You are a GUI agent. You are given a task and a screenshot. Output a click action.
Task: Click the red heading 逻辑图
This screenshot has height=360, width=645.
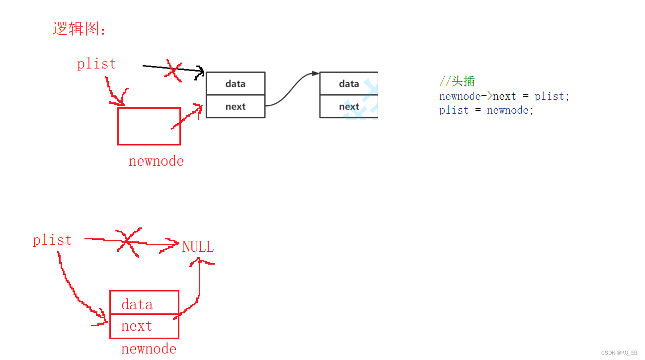tap(79, 29)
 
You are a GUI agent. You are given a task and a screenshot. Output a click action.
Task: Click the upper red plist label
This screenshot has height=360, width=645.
tap(96, 64)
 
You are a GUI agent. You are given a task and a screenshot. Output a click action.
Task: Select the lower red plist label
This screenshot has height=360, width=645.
tap(52, 240)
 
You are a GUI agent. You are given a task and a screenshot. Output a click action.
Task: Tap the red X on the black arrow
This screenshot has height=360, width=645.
tap(173, 70)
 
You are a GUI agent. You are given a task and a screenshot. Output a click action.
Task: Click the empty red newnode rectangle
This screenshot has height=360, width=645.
tap(149, 126)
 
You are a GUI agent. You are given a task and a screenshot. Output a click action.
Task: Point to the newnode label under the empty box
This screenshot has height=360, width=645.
tap(156, 161)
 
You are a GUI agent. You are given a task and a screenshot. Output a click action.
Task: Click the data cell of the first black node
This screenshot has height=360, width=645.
tap(236, 83)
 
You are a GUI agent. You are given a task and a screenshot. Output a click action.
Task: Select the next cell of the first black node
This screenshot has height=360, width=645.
tap(236, 106)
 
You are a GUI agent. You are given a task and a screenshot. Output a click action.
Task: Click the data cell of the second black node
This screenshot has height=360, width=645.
tap(349, 83)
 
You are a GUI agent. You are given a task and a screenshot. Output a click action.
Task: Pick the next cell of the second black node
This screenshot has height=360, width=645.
tap(349, 106)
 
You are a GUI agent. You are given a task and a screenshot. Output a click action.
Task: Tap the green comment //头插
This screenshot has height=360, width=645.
tap(457, 81)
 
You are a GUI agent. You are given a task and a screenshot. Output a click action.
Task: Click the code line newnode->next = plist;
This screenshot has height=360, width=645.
tap(504, 96)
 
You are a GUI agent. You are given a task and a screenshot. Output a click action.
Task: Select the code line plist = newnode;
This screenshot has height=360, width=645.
tap(486, 110)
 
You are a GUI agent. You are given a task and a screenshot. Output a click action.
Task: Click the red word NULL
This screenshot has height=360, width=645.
tap(198, 247)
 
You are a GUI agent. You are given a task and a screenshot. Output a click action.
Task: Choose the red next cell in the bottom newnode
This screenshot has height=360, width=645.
tap(144, 326)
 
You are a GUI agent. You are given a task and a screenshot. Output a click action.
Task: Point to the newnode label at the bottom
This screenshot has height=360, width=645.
tap(149, 349)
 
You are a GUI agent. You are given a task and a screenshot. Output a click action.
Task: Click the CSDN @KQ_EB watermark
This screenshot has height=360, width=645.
tap(619, 353)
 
